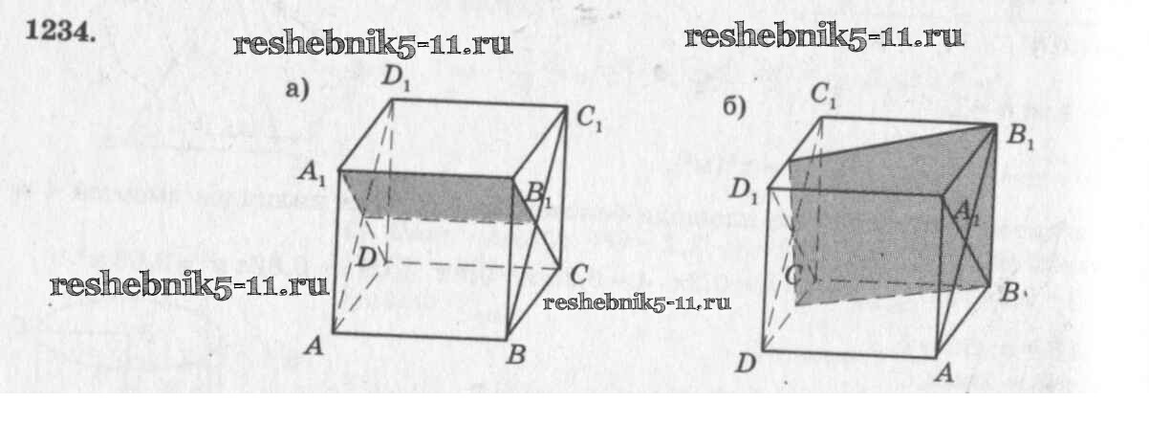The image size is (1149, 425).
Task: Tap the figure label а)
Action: [297, 90]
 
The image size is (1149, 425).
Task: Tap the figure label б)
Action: [733, 107]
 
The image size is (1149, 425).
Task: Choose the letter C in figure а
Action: [577, 275]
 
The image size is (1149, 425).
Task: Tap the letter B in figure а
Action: [516, 356]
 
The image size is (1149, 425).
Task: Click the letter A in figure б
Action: [945, 373]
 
